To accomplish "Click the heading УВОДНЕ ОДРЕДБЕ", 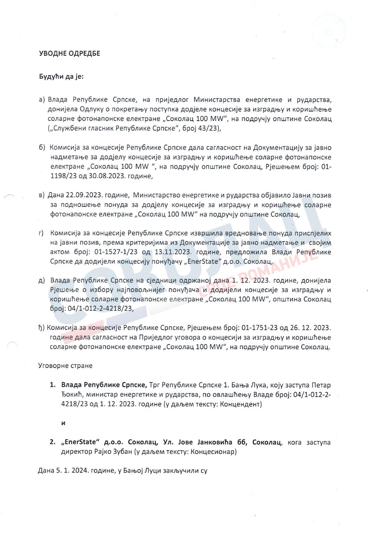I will tap(69, 53).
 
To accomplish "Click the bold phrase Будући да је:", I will tap(62, 77).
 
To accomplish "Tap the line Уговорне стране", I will tap(65, 366).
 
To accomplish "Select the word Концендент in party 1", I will tap(243, 405).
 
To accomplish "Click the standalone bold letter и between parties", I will tap(63, 423).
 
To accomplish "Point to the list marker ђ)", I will tap(41, 328).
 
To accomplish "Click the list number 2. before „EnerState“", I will tap(53, 442).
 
